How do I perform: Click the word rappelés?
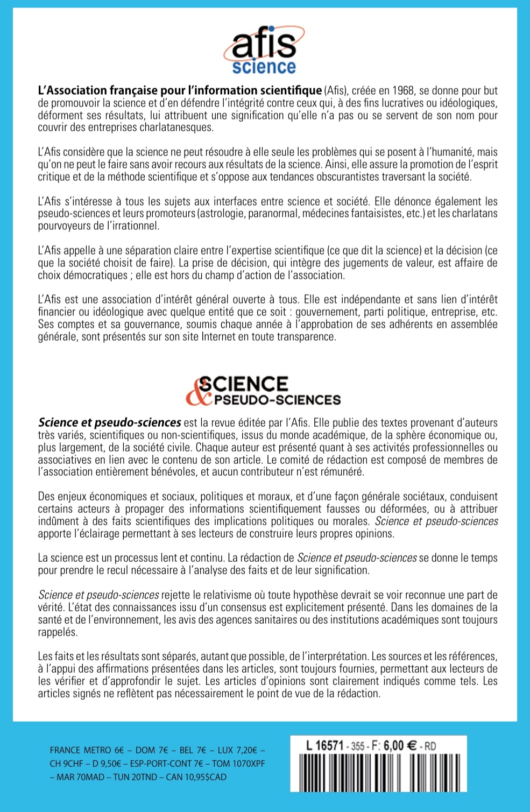(x=58, y=632)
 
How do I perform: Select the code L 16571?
(x=324, y=746)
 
